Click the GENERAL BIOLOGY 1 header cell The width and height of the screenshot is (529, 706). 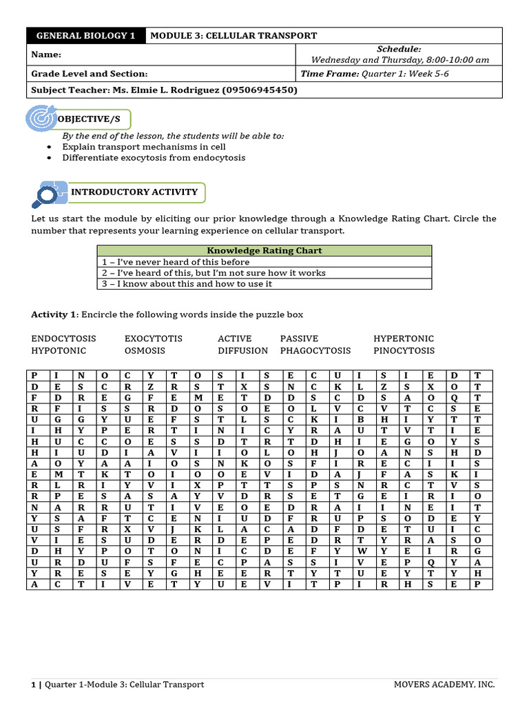(x=85, y=36)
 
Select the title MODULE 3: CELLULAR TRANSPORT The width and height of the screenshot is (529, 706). (x=234, y=36)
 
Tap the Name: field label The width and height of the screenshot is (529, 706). (x=46, y=54)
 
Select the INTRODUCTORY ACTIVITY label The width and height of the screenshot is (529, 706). (x=134, y=192)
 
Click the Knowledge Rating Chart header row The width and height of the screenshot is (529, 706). (x=264, y=251)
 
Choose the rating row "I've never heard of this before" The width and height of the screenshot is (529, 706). (x=176, y=262)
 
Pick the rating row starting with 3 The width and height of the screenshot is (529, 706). (x=187, y=283)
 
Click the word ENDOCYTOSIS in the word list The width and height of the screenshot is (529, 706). (x=63, y=339)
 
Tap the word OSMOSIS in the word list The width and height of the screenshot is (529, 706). (x=145, y=350)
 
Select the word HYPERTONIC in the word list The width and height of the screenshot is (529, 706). (x=404, y=339)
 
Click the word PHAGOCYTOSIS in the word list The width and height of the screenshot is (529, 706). (x=315, y=350)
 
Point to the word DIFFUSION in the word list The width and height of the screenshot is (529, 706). (x=242, y=350)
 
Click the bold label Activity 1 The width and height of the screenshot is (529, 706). (x=54, y=314)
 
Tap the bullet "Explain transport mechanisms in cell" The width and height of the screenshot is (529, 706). (x=143, y=147)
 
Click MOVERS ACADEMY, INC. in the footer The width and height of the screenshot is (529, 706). (x=444, y=685)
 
